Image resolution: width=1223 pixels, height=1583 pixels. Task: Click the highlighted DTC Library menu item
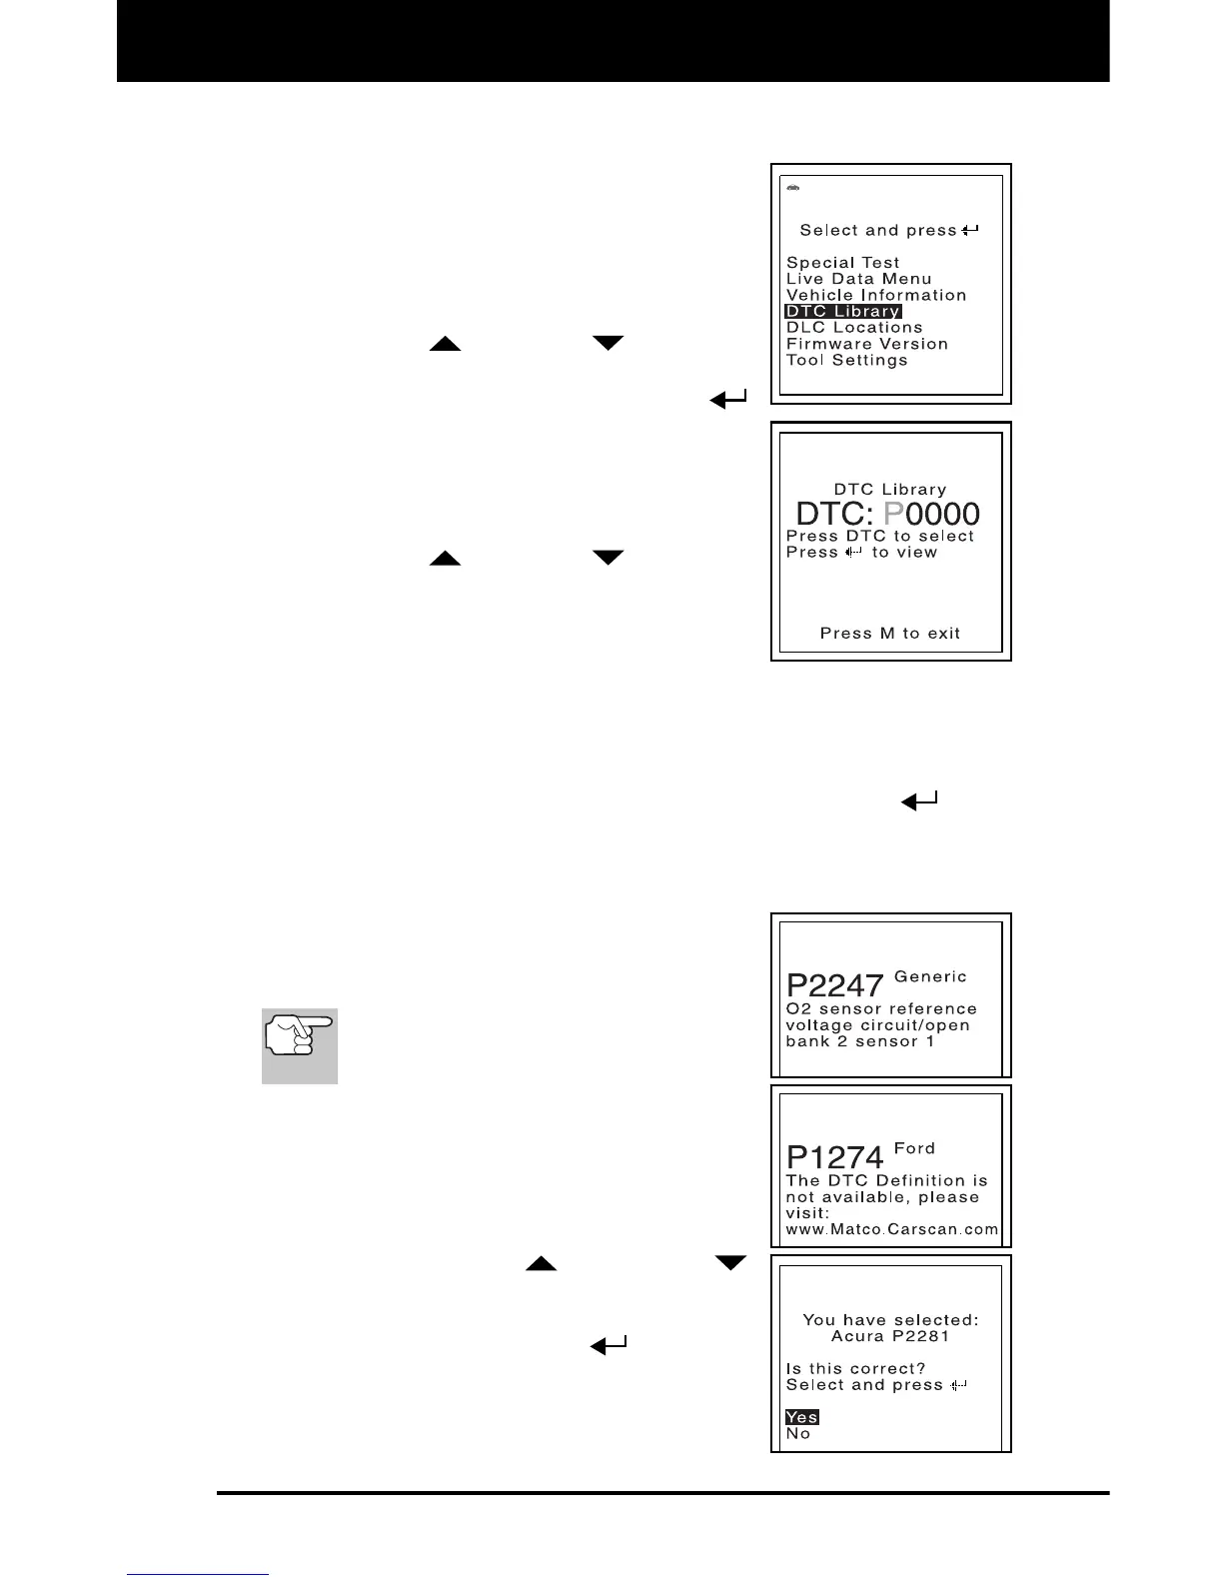pos(843,312)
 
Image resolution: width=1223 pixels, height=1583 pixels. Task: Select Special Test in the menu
pos(842,263)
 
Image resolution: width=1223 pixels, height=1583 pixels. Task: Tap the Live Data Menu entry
pos(858,279)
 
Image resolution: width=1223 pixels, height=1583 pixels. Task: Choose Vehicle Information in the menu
pos(876,296)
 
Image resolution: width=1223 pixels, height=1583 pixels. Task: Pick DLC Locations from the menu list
pos(854,328)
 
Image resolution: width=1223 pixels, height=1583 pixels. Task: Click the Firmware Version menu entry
pos(866,344)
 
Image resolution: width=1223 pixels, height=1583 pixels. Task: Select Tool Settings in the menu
pos(846,360)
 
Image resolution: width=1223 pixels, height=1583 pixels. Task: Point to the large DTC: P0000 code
pos(887,514)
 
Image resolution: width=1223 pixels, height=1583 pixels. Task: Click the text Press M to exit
pos(889,634)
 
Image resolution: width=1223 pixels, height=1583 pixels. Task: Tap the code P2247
pos(834,986)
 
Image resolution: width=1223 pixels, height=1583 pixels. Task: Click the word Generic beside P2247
pos(930,976)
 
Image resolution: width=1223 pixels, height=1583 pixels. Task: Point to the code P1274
pos(834,1157)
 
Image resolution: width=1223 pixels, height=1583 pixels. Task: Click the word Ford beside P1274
pos(914,1148)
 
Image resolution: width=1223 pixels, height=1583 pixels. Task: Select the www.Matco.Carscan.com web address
pos(891,1229)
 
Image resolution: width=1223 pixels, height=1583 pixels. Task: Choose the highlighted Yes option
pos(801,1417)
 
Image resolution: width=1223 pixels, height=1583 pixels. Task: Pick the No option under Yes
pos(797,1433)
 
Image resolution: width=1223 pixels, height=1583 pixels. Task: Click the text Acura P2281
pos(889,1336)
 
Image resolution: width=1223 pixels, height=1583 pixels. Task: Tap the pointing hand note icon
pos(300,1045)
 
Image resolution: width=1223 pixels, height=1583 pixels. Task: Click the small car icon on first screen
pos(792,188)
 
